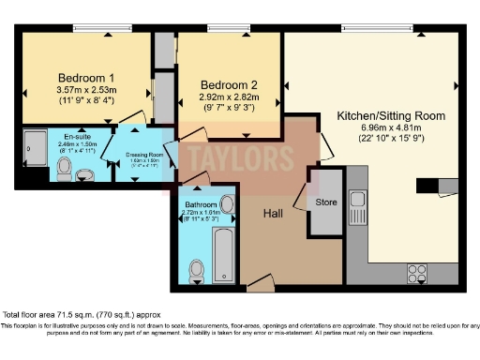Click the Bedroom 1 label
tap(86, 77)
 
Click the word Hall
tap(273, 214)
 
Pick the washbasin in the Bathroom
tap(230, 204)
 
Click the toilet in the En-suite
tap(64, 168)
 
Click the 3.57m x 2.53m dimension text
tap(86, 90)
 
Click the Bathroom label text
tap(201, 204)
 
